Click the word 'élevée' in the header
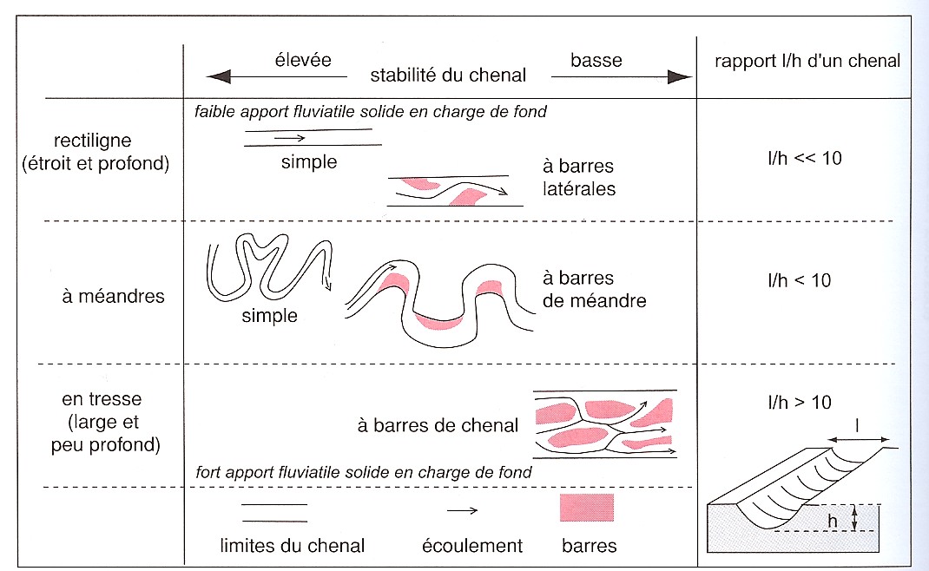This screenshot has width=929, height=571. pos(300,60)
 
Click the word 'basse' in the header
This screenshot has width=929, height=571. pos(596,60)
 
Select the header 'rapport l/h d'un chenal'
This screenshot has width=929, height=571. pos(807,61)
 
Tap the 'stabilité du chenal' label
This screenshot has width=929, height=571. pos(448,75)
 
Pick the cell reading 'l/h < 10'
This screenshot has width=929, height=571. pos(800,279)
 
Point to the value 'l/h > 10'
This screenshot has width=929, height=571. pos(800,402)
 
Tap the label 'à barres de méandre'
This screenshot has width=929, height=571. pos(595,290)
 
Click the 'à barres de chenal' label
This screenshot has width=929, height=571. pos(438,425)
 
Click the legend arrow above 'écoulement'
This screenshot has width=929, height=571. pos(462,510)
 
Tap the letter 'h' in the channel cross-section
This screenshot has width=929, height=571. pos(833,519)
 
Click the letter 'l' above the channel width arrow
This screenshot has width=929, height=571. pos(858,426)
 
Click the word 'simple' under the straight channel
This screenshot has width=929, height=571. pos(308,162)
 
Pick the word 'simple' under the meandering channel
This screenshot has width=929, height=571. pos(269,316)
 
